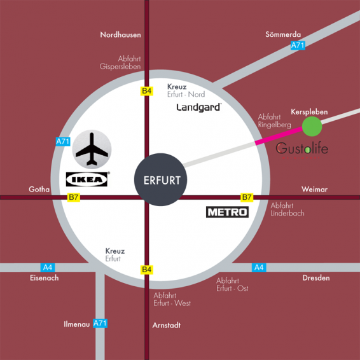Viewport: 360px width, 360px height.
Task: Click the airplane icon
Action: (92, 149)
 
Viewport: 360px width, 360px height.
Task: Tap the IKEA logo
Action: (87, 179)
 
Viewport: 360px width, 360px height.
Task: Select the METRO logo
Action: (227, 212)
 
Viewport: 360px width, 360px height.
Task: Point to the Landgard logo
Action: (199, 107)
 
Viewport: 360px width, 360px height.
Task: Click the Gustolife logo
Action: (301, 149)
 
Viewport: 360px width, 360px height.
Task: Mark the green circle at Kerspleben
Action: (312, 127)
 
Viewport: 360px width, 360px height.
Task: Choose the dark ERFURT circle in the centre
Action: (160, 179)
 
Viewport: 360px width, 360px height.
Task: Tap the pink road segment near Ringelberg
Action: (279, 135)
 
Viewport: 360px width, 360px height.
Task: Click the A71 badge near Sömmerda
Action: (298, 45)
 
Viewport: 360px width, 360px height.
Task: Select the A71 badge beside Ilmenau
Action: (100, 323)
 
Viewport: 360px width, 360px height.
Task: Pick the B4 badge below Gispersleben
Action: (147, 91)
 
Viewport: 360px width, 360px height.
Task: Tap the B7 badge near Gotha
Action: (74, 197)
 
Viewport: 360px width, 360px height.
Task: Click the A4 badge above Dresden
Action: (259, 268)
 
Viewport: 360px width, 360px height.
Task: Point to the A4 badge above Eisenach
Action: (48, 268)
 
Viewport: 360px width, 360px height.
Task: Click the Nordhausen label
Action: (121, 35)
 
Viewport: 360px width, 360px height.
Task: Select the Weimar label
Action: (314, 190)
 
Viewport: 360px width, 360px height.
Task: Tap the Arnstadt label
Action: (167, 325)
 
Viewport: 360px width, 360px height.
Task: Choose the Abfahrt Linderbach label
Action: (287, 209)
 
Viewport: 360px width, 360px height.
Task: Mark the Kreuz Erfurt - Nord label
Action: (186, 91)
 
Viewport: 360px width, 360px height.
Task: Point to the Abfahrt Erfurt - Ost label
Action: (232, 285)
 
